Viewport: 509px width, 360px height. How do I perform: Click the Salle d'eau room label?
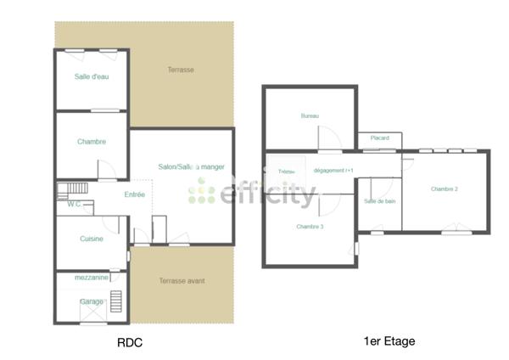92,77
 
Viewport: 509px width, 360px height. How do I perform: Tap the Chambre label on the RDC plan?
92,142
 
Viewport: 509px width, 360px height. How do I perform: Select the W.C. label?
74,204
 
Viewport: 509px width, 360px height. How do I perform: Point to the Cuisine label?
92,239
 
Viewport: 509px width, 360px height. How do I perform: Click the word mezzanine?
92,278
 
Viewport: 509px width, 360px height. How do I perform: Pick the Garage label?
92,301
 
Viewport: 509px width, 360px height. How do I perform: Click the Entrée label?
135,194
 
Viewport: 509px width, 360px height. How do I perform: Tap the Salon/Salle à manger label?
192,166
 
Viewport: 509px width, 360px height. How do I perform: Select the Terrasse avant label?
182,281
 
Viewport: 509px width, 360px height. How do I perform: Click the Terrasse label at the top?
181,70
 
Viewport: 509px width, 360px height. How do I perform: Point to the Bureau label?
310,115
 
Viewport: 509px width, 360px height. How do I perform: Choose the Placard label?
379,138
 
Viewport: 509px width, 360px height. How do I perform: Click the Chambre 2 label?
444,188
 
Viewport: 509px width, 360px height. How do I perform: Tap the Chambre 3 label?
310,227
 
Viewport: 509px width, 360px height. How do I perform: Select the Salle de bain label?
380,201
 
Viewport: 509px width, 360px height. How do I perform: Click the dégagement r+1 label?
333,171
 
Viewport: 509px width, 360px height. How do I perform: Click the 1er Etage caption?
389,341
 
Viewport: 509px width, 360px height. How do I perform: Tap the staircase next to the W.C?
73,188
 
